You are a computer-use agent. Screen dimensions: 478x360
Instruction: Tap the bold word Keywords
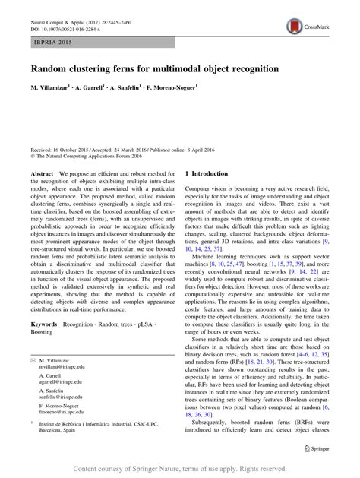(x=44, y=345)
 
